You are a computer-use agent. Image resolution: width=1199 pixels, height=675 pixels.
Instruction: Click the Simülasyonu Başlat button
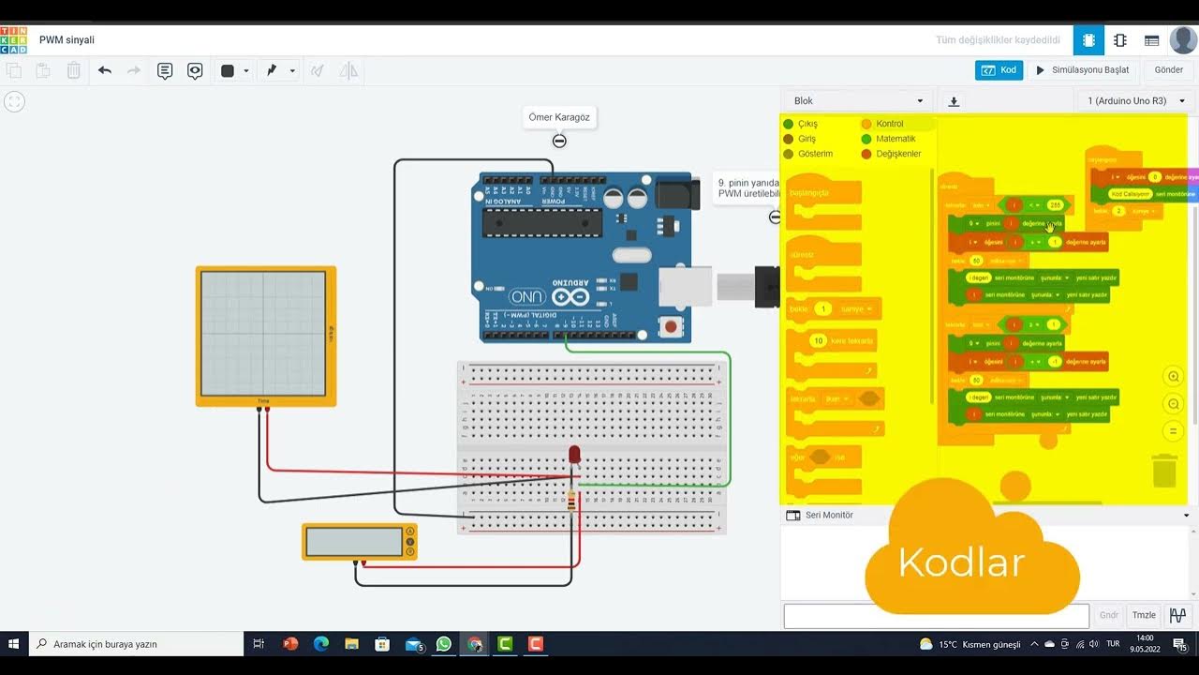(x=1082, y=70)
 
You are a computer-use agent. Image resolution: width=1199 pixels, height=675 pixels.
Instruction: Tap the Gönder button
(x=1168, y=70)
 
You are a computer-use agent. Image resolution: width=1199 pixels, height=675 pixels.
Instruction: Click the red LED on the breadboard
(x=574, y=455)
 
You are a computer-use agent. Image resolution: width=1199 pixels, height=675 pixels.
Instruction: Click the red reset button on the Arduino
(x=671, y=327)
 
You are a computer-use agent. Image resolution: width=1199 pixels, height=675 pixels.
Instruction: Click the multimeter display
(x=353, y=542)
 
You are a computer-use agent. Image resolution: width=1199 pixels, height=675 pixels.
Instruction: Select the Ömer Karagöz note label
(x=559, y=117)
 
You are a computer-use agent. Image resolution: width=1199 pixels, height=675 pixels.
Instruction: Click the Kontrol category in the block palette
(x=889, y=124)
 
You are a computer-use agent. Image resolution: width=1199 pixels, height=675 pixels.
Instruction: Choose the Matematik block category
(x=895, y=139)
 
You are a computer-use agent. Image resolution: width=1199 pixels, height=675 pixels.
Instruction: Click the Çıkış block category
(x=807, y=124)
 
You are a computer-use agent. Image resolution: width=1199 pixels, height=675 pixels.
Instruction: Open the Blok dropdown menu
(x=858, y=101)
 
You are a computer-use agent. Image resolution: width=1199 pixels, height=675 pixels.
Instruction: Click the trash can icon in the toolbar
(x=74, y=70)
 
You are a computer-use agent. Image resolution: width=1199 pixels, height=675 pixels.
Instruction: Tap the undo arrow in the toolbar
(x=105, y=70)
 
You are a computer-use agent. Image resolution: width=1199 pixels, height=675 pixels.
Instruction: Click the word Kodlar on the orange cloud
(x=961, y=562)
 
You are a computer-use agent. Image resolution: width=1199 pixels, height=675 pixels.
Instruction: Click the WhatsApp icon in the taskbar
(x=443, y=644)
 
